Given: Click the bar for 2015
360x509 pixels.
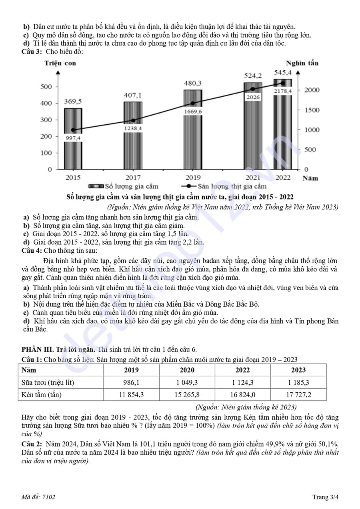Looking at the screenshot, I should coord(73,152).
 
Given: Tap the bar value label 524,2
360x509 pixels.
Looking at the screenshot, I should coord(253,76).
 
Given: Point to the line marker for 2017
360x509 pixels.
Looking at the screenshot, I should coord(133,120).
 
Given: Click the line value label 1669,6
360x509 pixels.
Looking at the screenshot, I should coord(193,112).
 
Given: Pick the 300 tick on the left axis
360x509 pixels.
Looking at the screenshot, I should coord(47,120).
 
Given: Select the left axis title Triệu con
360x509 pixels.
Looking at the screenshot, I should coord(60,63).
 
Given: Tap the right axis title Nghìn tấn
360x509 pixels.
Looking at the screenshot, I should coord(302,63).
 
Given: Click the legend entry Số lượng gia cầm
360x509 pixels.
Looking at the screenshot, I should coord(123,186).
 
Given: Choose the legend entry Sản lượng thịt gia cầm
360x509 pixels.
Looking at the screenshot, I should coord(224,186).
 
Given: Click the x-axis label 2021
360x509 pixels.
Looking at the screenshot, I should coord(252,178).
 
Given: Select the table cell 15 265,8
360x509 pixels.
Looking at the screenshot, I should coord(187,395).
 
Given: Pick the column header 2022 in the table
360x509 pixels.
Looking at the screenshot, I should coord(242,370).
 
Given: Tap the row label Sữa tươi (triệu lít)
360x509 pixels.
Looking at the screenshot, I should coord(48,382).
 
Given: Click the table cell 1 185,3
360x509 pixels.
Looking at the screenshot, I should coord(298,382).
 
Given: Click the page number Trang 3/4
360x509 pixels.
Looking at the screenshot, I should coord(326,497).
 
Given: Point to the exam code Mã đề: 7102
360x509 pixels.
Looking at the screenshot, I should coord(38,497).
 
